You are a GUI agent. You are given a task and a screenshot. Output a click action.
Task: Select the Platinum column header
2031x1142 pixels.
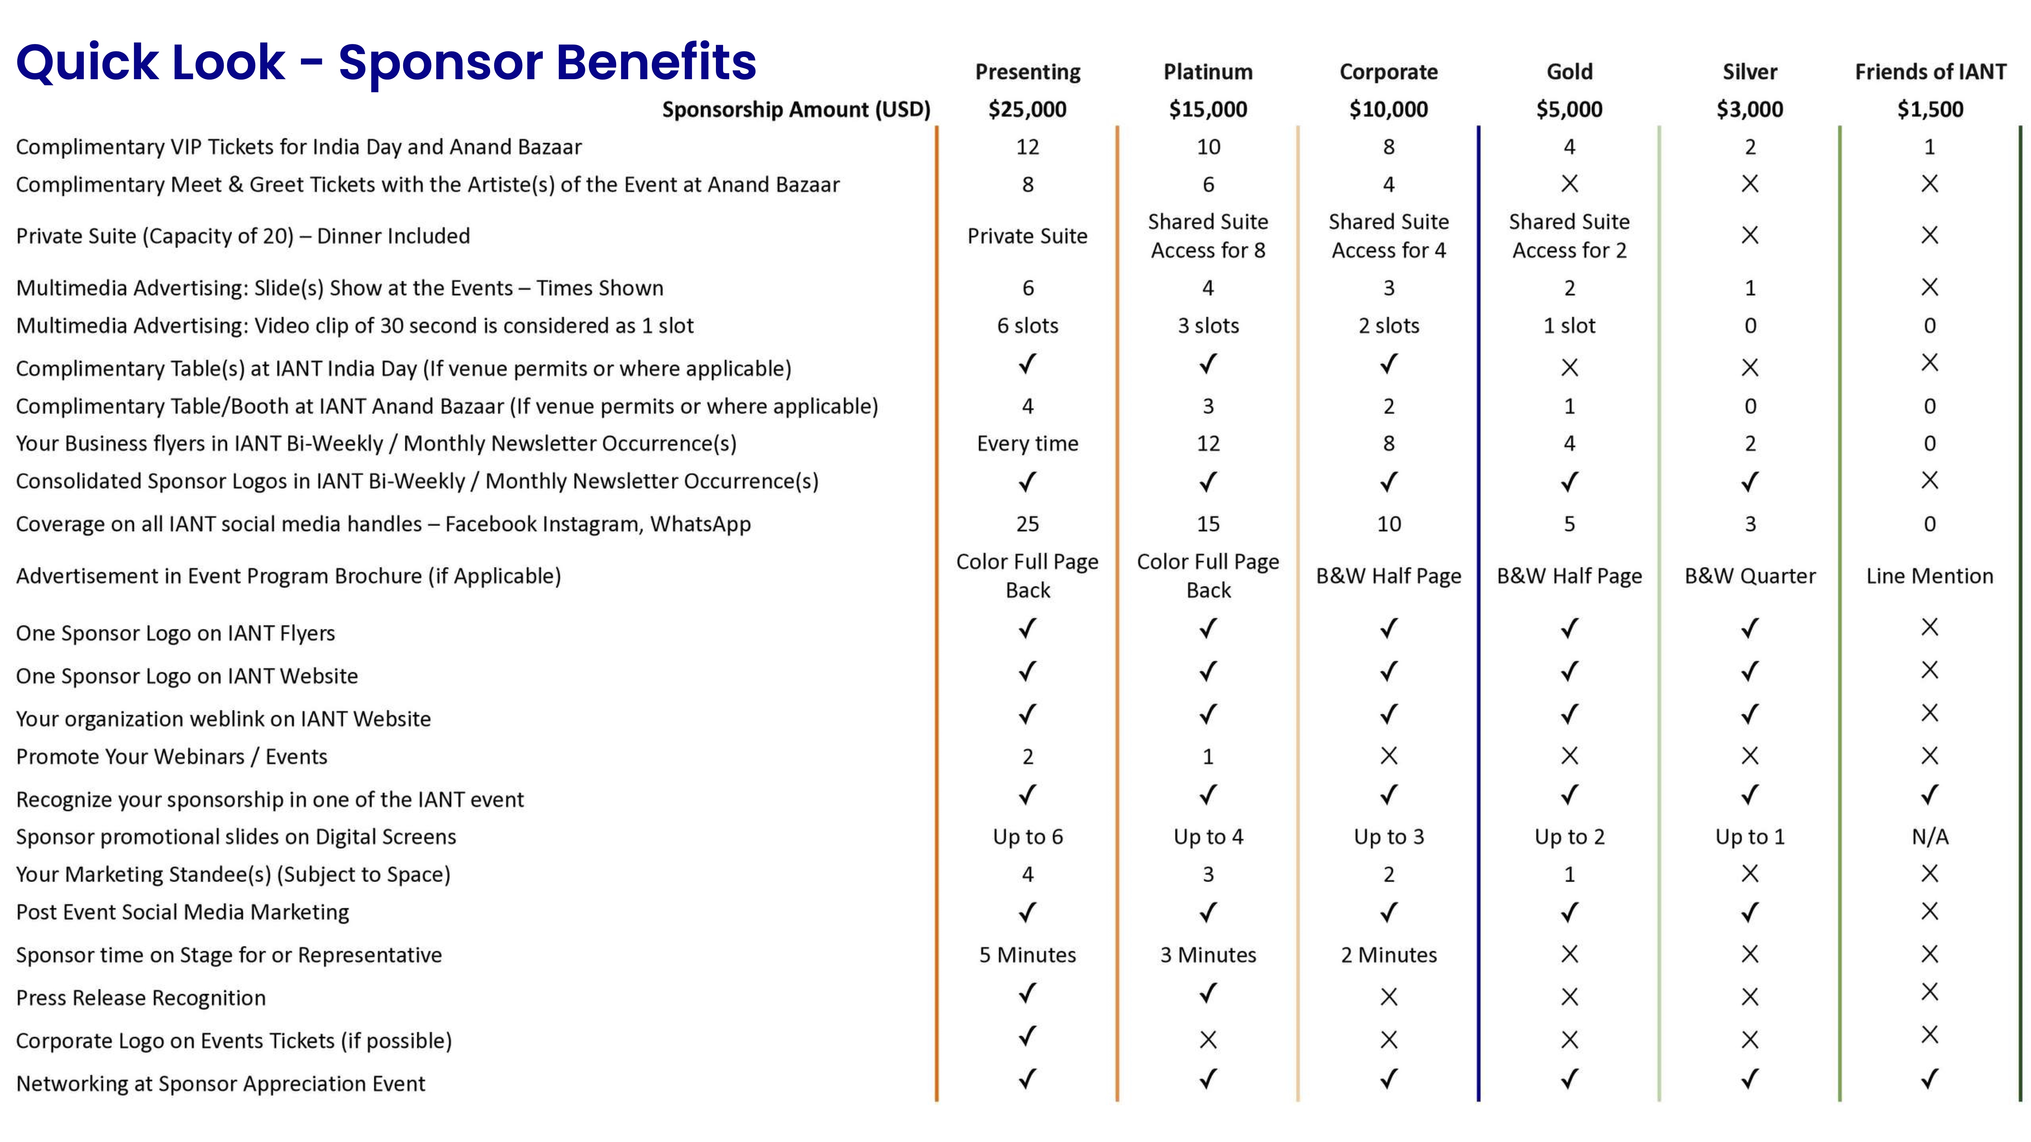pos(1208,72)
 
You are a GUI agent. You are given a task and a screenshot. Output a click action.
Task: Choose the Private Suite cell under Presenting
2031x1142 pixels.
pos(1027,236)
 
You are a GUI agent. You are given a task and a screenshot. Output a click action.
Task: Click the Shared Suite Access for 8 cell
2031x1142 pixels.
pos(1208,236)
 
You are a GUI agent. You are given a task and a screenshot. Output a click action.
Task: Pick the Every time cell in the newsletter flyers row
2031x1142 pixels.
pos(1027,443)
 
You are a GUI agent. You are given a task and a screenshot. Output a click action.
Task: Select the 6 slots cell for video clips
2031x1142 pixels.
pos(1027,326)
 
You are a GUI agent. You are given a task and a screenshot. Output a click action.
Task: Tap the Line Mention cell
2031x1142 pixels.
pos(1929,576)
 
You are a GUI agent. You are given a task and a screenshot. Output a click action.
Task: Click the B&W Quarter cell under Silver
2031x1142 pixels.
pos(1749,576)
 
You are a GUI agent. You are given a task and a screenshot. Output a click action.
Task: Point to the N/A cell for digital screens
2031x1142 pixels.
pos(1929,836)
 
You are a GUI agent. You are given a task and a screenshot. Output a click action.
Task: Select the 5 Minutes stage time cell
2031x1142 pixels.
pos(1027,954)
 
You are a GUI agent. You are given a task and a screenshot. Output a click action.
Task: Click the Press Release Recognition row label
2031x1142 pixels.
pos(141,998)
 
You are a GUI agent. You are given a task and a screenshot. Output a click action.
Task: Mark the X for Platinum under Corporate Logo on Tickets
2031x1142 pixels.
pos(1208,1039)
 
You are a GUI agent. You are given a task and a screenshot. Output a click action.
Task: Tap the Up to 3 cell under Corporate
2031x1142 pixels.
pos(1389,836)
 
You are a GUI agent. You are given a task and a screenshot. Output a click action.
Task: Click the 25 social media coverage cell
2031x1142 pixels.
pos(1027,524)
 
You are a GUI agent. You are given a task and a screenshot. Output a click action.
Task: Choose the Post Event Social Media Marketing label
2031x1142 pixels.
pos(182,912)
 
